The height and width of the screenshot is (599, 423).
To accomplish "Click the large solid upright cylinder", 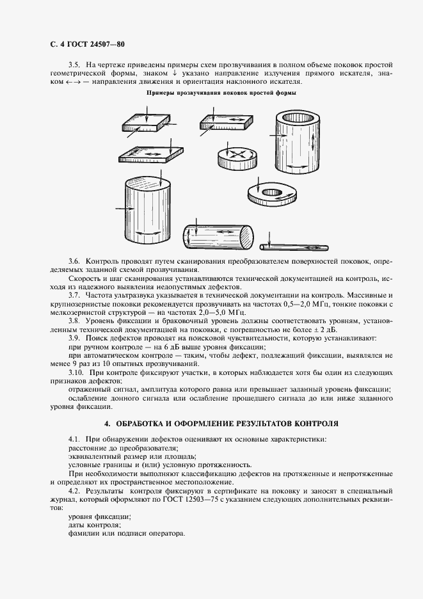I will pos(148,211).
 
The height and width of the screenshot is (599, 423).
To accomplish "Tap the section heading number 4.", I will pos(107,424).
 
